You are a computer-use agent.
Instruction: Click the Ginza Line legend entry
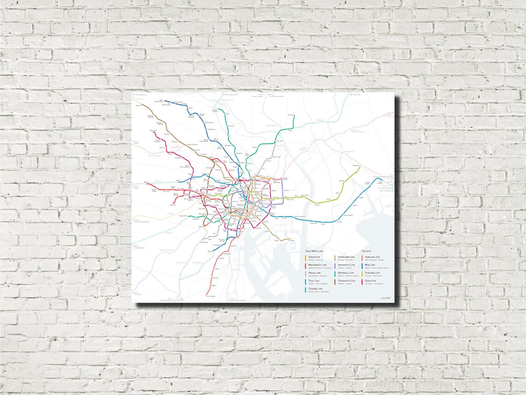(x=314, y=256)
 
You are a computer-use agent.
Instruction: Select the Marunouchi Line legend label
(x=317, y=265)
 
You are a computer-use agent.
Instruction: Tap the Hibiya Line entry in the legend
(x=315, y=273)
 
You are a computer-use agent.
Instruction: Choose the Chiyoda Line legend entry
(x=316, y=289)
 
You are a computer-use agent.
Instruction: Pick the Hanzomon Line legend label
(x=346, y=265)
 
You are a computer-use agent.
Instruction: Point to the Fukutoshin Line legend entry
(x=346, y=281)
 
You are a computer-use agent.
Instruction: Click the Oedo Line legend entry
(x=370, y=281)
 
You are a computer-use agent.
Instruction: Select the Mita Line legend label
(x=370, y=265)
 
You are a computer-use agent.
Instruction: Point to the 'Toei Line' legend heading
(x=366, y=250)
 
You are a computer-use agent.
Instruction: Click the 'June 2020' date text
(x=385, y=298)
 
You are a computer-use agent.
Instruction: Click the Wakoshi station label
(x=139, y=105)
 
